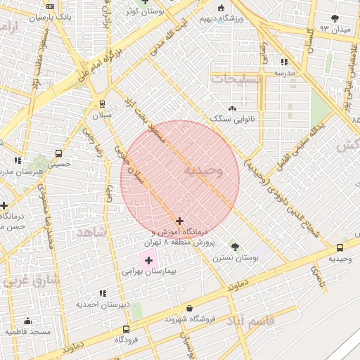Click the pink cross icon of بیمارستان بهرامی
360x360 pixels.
pyautogui.click(x=148, y=261)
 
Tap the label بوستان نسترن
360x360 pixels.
pyautogui.click(x=236, y=258)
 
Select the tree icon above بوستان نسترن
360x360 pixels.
pyautogui.click(x=235, y=247)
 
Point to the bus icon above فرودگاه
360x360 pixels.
pyautogui.click(x=126, y=329)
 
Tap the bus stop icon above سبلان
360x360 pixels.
pyautogui.click(x=101, y=103)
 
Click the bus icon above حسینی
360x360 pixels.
pyautogui.click(x=58, y=153)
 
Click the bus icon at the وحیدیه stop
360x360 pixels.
pyautogui.click(x=340, y=247)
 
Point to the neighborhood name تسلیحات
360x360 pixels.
pyautogui.click(x=237, y=79)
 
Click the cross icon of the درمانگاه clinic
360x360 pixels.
pyautogui.click(x=180, y=221)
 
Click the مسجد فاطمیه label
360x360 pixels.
pyautogui.click(x=28, y=330)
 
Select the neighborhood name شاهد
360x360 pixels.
pyautogui.click(x=91, y=231)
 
